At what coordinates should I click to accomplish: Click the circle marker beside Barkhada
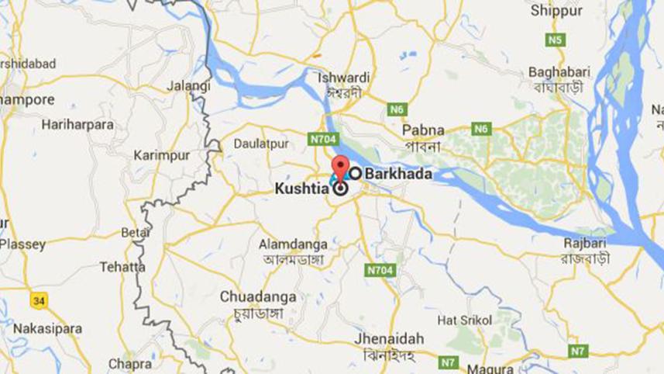[x=356, y=174]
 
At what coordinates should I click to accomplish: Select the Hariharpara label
[x=77, y=124]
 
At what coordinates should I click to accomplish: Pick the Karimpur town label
[x=157, y=155]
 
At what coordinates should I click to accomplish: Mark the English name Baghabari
[x=559, y=71]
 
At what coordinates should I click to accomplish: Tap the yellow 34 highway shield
[x=38, y=299]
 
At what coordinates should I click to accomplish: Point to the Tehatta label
[x=122, y=267]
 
